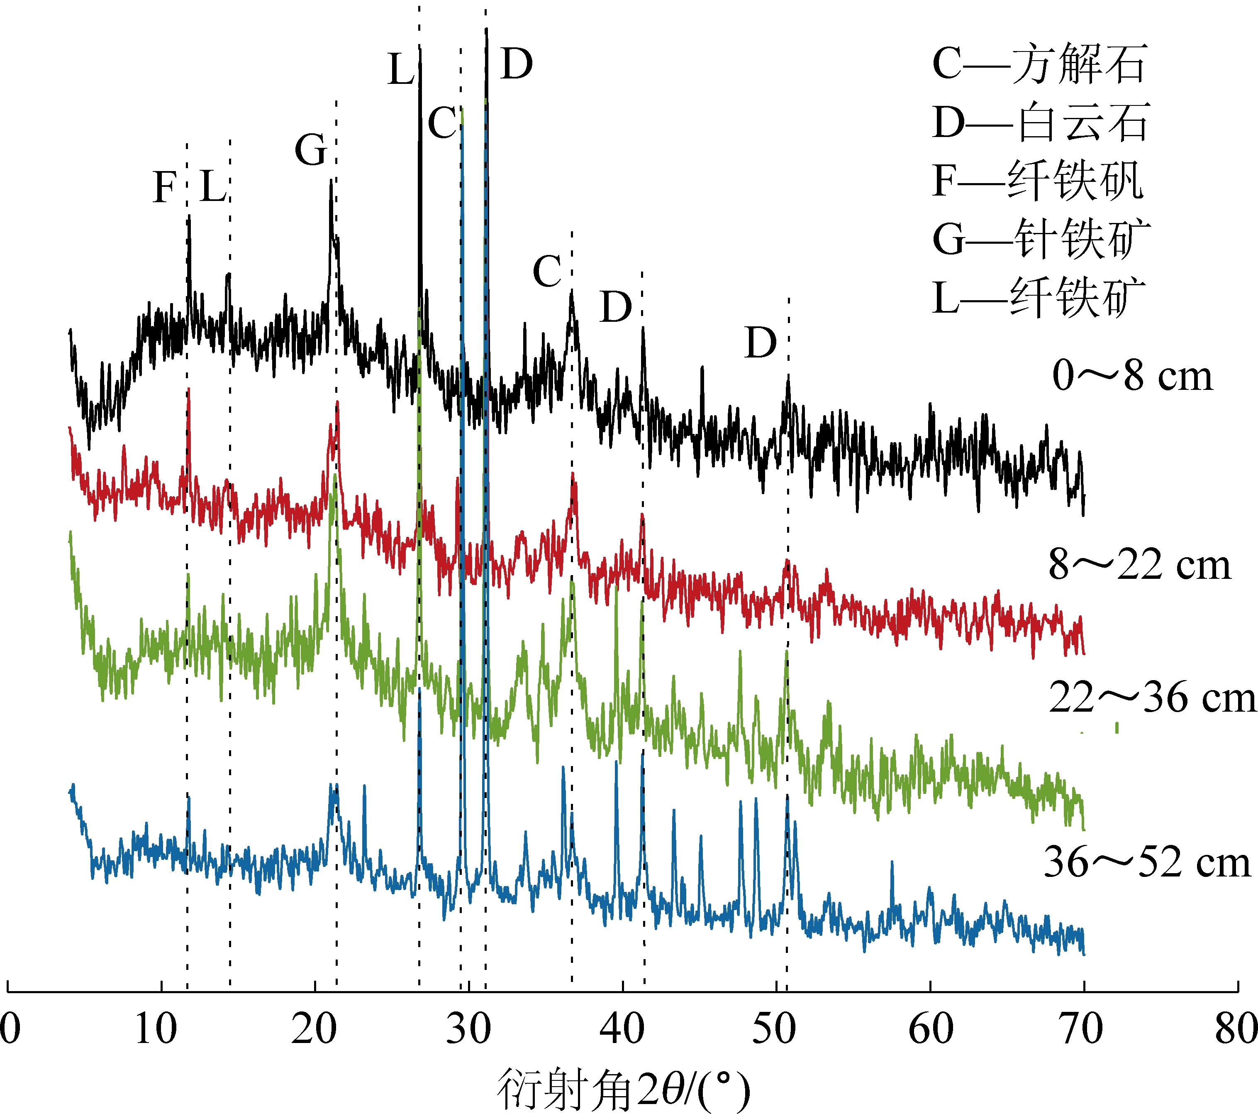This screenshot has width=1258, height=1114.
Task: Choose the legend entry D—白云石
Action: [x=1041, y=122]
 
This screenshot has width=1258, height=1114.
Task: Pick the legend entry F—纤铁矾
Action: [x=1038, y=181]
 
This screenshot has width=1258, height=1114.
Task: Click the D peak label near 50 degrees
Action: [x=761, y=343]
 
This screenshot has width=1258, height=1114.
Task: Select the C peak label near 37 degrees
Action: [x=547, y=271]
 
